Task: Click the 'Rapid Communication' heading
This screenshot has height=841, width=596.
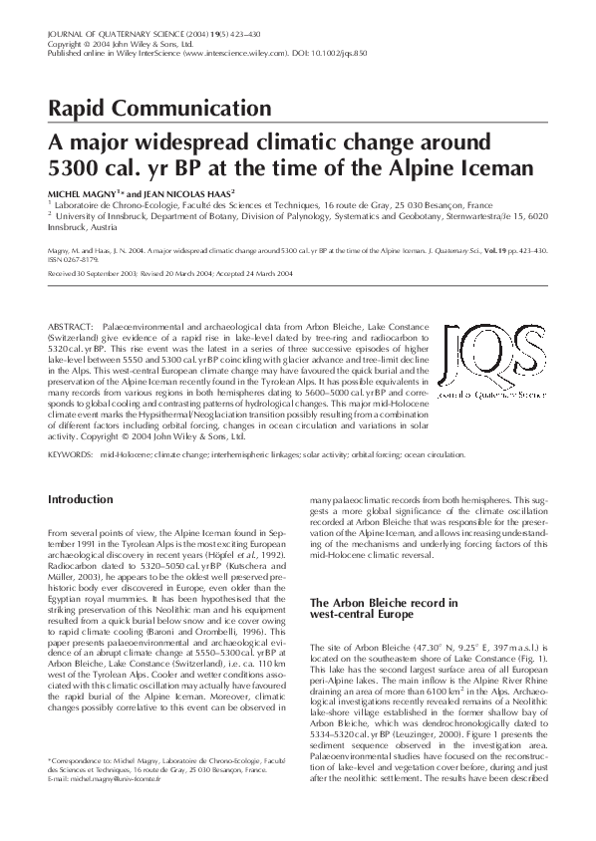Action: (158, 108)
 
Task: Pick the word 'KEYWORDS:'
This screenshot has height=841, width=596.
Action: (71, 453)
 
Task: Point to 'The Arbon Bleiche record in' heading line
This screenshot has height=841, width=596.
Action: (383, 603)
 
